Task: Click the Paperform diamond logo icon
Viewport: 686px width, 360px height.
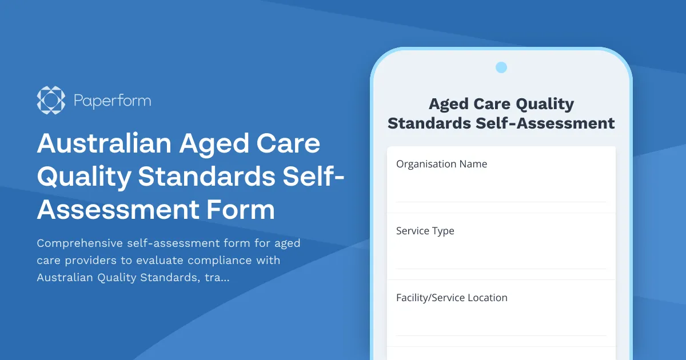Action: click(x=51, y=101)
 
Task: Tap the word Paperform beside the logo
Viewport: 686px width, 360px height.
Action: click(x=112, y=101)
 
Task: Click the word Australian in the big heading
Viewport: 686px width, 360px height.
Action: click(x=103, y=143)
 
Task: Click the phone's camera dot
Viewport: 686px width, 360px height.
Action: click(x=501, y=67)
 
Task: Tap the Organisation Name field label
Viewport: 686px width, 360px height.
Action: click(x=441, y=164)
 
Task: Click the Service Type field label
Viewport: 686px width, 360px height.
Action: click(x=425, y=231)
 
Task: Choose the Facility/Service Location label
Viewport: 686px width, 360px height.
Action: click(x=452, y=298)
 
